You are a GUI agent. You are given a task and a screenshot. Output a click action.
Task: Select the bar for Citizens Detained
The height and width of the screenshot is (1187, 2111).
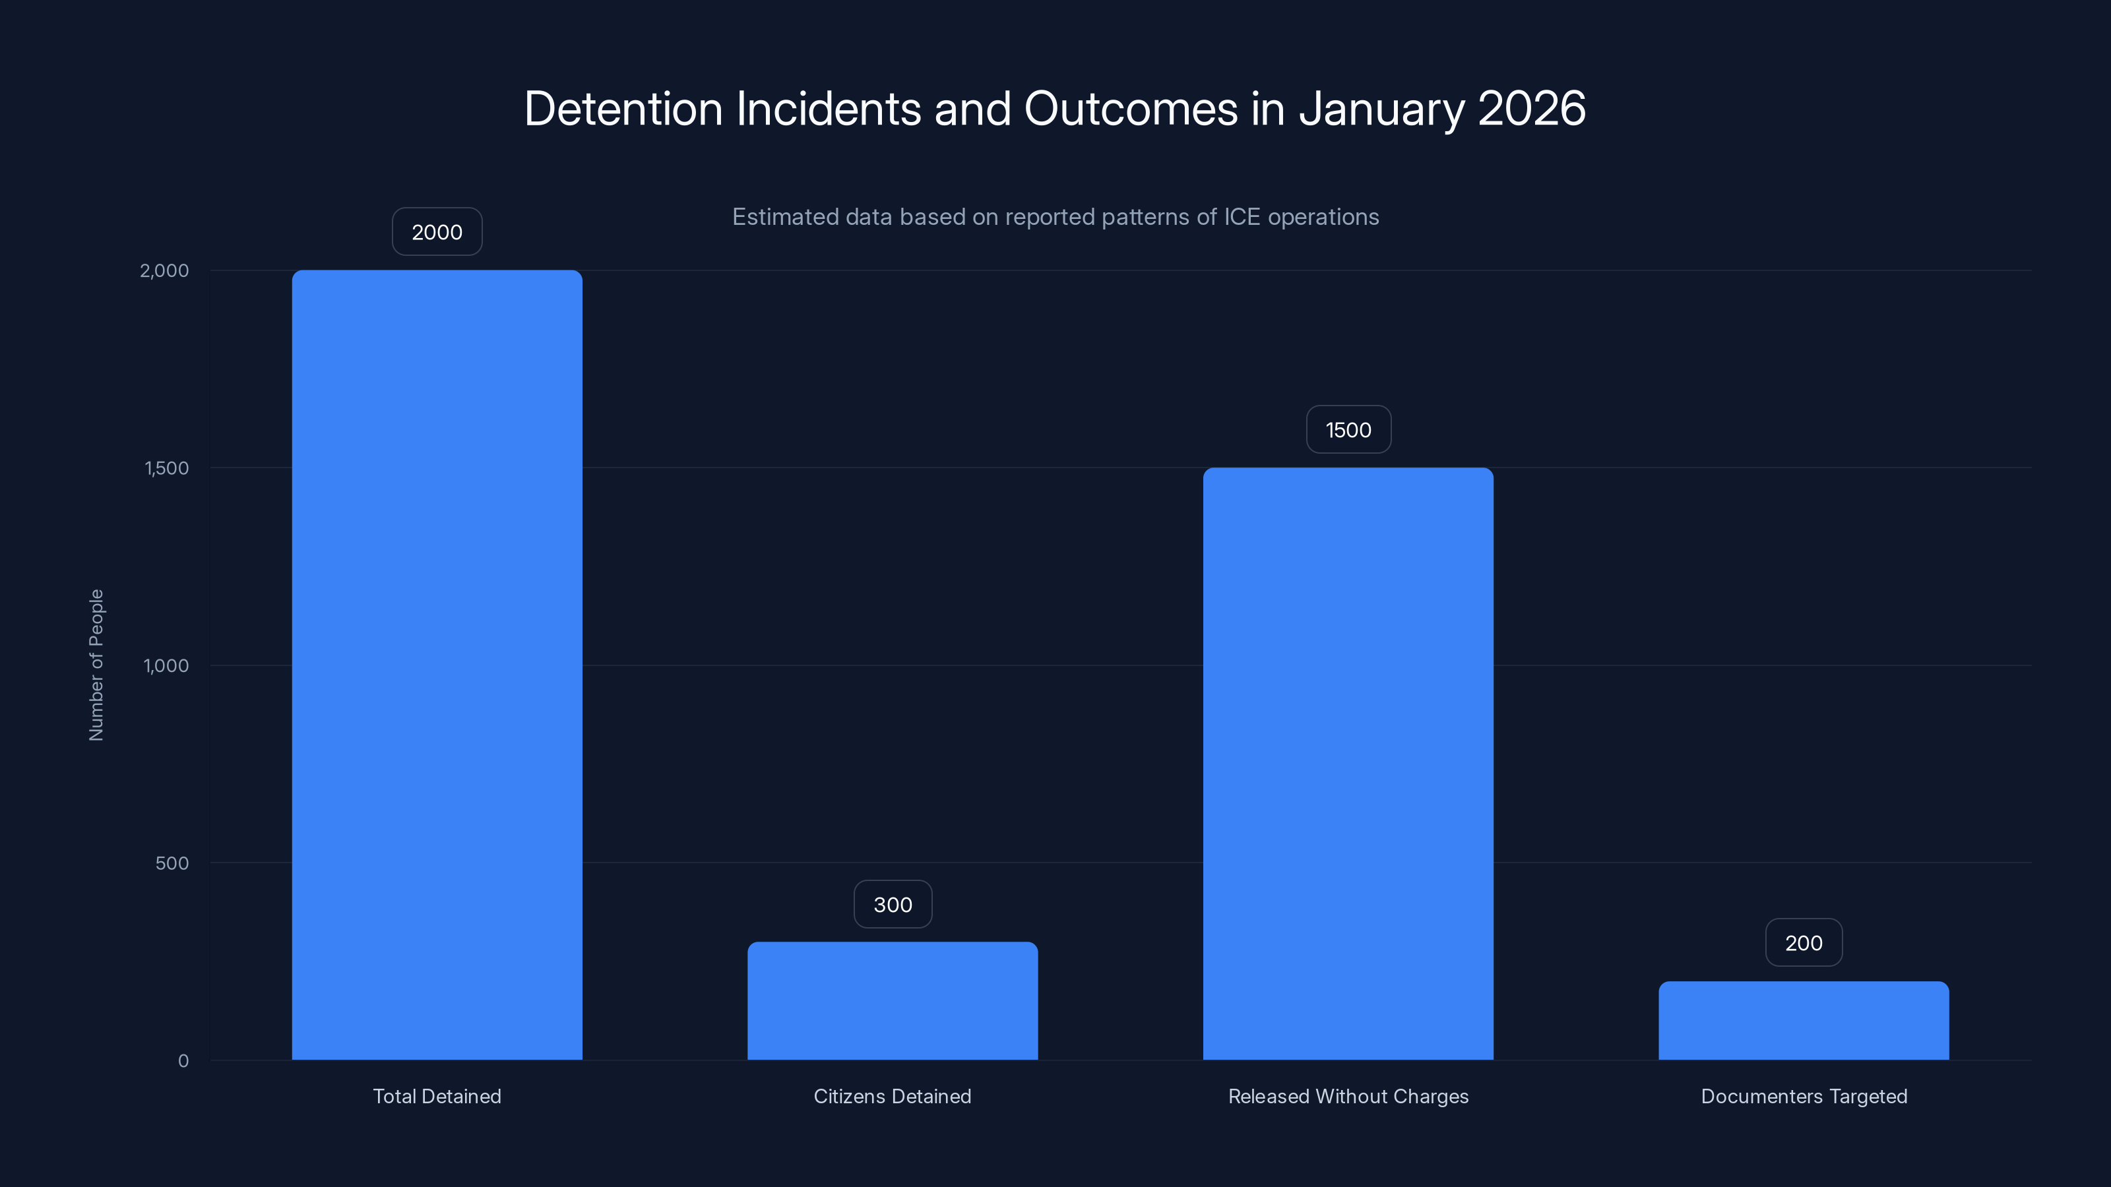893,1000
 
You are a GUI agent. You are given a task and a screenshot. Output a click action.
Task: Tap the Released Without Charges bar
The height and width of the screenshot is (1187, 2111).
1348,764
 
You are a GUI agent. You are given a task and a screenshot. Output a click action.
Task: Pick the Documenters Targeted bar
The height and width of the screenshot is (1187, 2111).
1804,1020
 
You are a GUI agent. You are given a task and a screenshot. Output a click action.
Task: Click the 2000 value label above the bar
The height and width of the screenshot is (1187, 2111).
437,232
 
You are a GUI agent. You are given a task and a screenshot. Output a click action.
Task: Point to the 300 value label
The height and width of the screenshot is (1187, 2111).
893,904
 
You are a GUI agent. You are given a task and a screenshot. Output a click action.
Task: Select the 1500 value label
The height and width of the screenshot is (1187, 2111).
1348,430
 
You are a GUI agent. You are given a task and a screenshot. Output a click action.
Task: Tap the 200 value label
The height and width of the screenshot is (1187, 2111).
1804,943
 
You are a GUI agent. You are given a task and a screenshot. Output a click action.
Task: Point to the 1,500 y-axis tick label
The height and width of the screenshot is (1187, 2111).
166,468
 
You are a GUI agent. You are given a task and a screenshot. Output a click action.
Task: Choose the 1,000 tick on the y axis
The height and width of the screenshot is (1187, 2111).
166,665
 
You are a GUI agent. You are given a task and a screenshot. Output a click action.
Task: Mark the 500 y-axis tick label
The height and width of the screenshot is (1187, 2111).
172,863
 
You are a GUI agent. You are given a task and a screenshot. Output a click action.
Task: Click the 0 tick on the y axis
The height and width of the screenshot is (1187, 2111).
183,1061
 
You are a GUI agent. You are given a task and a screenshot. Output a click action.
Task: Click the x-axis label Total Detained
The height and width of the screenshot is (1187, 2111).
437,1096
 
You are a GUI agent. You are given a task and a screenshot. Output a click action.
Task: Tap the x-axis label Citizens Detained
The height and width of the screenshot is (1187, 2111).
893,1096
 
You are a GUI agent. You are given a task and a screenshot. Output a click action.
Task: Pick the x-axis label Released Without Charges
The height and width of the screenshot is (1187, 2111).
1348,1096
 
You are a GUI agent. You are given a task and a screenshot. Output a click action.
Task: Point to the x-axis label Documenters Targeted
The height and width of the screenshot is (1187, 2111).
1804,1096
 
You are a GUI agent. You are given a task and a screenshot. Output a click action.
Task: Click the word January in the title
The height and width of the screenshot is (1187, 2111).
1381,108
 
